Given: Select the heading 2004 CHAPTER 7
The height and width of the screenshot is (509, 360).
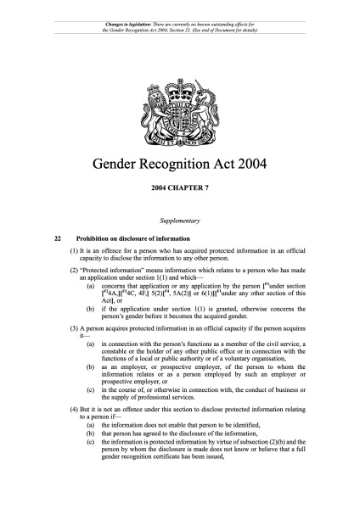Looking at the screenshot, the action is pos(180,185).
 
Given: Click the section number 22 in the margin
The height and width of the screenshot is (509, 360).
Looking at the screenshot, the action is pos(57,238).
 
